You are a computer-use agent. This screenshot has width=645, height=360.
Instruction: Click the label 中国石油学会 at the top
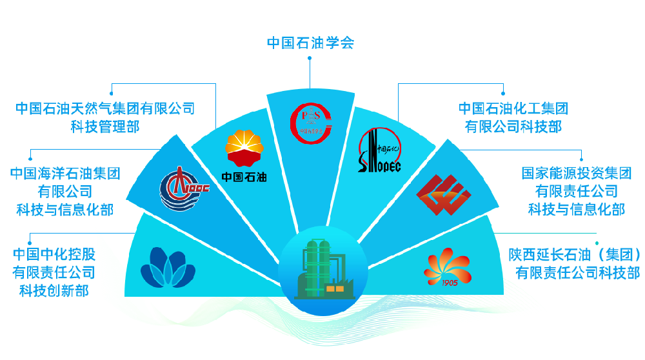click(x=311, y=43)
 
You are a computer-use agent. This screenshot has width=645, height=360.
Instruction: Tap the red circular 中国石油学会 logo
click(x=311, y=123)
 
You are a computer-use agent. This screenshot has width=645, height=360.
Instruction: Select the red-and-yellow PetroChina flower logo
click(x=244, y=148)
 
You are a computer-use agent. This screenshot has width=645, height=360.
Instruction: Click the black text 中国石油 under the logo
click(x=244, y=177)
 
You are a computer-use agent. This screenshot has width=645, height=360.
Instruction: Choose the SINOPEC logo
click(x=379, y=150)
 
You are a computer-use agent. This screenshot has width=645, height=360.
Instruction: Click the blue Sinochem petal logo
click(x=168, y=268)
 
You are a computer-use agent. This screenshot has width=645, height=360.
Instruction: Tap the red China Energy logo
click(x=444, y=195)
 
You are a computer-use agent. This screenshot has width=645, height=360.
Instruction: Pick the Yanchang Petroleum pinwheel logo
click(x=447, y=267)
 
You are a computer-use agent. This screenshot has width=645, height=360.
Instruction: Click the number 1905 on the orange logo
click(x=450, y=283)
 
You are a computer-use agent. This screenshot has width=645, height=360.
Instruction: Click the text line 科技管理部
click(x=105, y=126)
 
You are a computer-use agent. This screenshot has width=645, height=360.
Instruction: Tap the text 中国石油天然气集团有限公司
click(x=105, y=108)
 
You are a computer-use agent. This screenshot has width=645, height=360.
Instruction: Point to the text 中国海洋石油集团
click(x=65, y=173)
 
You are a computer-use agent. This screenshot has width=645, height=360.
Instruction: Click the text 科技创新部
click(x=54, y=291)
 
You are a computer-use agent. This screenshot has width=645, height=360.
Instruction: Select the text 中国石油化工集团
click(x=513, y=108)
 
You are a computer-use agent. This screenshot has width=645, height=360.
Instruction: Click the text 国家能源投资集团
click(x=576, y=173)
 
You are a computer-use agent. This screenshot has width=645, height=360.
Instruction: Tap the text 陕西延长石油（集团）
click(x=575, y=255)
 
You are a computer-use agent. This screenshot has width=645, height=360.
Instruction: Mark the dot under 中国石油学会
click(x=310, y=58)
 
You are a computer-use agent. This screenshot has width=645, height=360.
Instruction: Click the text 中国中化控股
click(x=54, y=254)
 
